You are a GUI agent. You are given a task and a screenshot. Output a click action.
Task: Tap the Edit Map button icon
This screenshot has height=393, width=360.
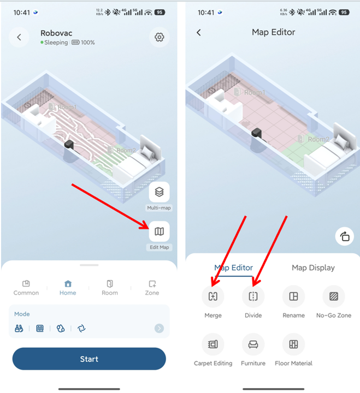click(x=160, y=231)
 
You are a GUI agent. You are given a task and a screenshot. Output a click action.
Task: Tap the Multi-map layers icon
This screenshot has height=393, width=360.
click(x=160, y=192)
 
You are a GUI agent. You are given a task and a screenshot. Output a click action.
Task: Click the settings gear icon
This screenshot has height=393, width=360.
click(x=160, y=37)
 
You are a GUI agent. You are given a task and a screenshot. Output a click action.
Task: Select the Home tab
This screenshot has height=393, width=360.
click(x=68, y=288)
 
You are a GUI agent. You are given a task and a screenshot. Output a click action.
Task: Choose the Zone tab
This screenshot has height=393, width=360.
click(x=152, y=288)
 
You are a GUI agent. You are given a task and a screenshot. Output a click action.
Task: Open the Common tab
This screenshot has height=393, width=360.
click(x=26, y=288)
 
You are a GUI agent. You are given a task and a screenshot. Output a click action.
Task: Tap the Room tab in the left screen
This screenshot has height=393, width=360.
click(x=110, y=288)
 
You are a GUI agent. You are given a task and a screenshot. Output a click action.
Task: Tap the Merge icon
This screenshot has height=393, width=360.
click(x=213, y=296)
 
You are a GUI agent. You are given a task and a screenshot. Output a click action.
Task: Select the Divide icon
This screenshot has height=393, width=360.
click(x=253, y=296)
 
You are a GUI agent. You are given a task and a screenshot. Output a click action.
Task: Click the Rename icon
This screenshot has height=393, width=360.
click(x=293, y=296)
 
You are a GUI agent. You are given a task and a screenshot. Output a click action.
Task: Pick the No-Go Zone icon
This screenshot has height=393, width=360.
click(x=334, y=296)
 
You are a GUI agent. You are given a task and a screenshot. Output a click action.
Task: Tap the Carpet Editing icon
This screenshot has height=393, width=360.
click(x=213, y=344)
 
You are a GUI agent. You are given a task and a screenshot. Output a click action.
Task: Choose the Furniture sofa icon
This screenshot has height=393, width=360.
click(x=253, y=344)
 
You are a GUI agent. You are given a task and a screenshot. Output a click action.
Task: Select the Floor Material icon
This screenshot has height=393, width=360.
click(x=293, y=344)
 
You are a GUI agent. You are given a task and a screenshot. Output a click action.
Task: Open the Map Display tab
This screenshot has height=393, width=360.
click(x=313, y=267)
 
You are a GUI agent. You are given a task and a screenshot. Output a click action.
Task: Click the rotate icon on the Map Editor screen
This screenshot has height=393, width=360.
click(x=345, y=236)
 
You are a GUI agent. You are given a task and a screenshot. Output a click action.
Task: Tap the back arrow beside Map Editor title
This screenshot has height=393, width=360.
click(x=199, y=32)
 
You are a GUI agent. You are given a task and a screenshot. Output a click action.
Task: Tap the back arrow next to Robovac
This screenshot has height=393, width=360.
click(x=19, y=37)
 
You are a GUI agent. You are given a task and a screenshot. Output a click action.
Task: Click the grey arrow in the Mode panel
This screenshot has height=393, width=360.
click(x=160, y=328)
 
